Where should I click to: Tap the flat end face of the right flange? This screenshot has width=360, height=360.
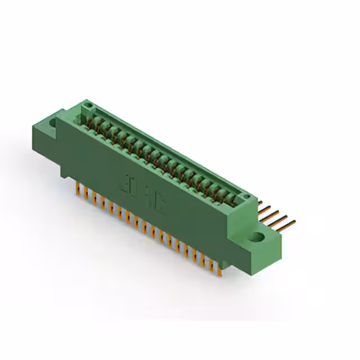point(273,248)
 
